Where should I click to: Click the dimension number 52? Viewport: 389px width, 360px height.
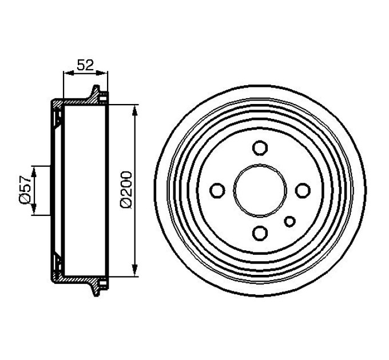click(x=85, y=65)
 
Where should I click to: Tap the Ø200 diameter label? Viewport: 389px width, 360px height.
click(x=126, y=190)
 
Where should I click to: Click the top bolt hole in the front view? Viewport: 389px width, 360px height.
click(x=260, y=148)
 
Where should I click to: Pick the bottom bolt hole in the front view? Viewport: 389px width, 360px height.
click(x=260, y=233)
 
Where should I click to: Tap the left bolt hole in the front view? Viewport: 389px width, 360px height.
click(x=217, y=190)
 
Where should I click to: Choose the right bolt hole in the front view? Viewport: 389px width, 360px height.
click(x=303, y=190)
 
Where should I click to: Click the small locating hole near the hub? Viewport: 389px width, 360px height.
click(x=290, y=221)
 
